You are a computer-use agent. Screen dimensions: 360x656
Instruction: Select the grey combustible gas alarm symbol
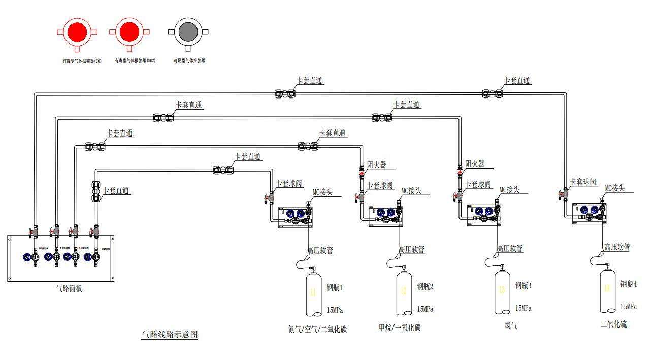(x=188, y=32)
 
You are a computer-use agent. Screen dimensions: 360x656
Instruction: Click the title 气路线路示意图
(x=169, y=335)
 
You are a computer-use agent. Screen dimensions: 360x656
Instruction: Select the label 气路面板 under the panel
(x=69, y=288)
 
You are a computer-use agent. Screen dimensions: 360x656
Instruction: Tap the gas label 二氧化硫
(x=613, y=324)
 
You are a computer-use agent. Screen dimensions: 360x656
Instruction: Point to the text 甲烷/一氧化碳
(x=400, y=328)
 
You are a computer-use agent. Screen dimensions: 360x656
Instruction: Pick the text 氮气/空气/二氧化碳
(x=317, y=329)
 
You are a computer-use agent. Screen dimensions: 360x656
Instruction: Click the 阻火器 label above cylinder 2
(x=377, y=165)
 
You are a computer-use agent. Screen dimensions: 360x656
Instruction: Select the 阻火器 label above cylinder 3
(x=475, y=164)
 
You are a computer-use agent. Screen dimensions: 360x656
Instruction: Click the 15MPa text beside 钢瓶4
(x=629, y=307)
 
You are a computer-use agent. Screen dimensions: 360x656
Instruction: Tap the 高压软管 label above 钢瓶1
(x=320, y=250)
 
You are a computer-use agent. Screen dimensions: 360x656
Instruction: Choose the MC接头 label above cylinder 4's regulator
(x=614, y=188)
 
